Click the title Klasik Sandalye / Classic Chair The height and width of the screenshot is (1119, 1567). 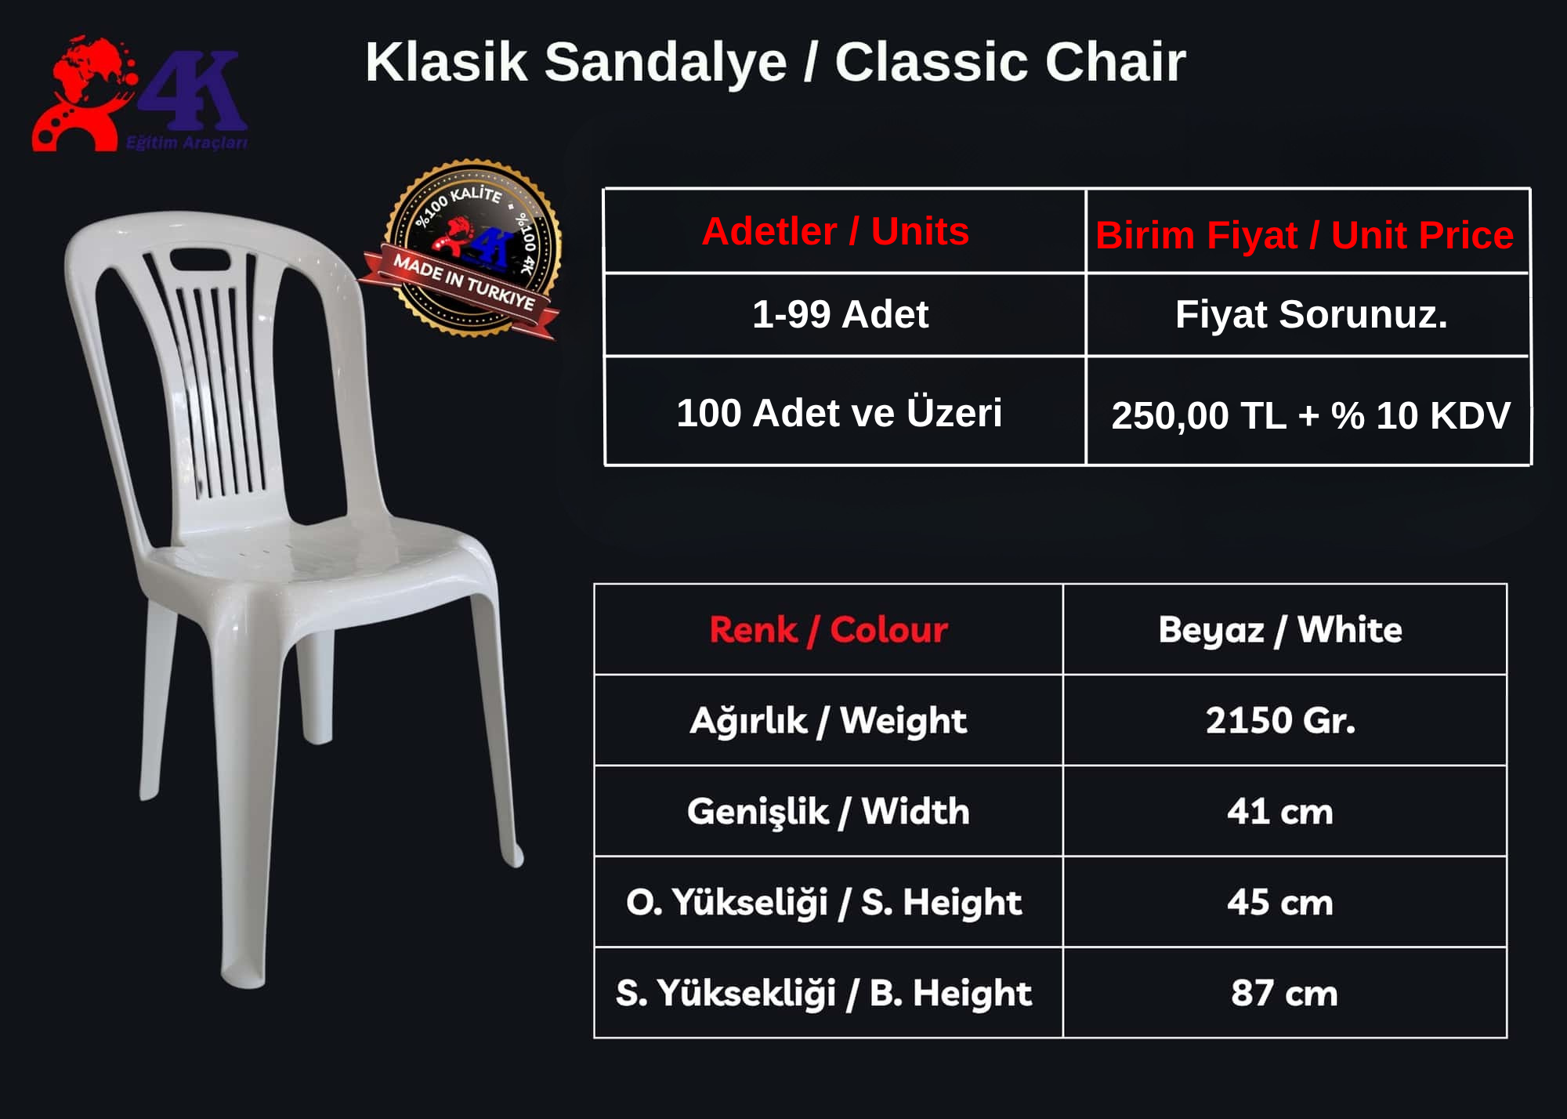(x=776, y=62)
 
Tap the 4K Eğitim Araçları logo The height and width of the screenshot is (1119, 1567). (x=139, y=94)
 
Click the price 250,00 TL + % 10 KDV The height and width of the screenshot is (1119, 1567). (x=1311, y=415)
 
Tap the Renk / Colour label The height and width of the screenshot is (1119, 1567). (x=829, y=629)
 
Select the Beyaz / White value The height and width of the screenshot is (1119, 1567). (x=1280, y=629)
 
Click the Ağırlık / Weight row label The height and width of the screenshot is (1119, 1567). (x=828, y=720)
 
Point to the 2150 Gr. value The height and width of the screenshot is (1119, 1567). (x=1280, y=720)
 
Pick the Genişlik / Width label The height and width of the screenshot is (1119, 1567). (x=828, y=811)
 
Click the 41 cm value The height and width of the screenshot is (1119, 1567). (x=1280, y=812)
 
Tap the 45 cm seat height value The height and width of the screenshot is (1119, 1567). (x=1280, y=903)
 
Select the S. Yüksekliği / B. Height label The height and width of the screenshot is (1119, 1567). (x=823, y=993)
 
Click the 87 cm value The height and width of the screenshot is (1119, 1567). (x=1284, y=993)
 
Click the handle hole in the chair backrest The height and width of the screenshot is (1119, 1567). (x=200, y=258)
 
